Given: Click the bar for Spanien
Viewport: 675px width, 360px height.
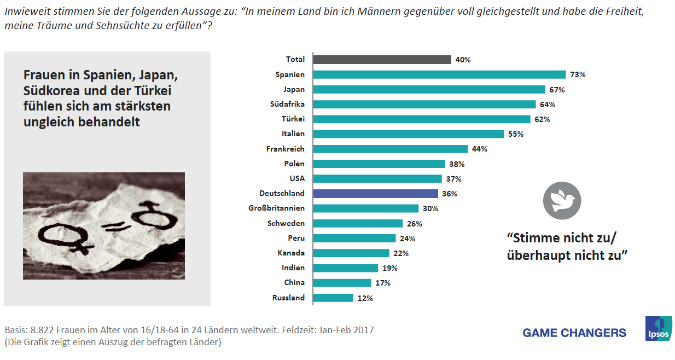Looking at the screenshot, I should [x=439, y=74].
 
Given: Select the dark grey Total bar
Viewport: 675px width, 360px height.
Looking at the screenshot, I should [x=382, y=60].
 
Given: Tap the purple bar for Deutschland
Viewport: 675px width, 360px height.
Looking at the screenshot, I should [x=375, y=194].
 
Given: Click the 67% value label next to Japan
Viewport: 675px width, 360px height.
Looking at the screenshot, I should [x=558, y=90].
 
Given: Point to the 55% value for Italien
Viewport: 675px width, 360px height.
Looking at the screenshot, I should [x=516, y=134].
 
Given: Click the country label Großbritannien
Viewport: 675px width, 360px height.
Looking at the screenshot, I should [x=276, y=208].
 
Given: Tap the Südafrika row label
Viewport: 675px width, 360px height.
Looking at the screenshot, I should [x=287, y=104].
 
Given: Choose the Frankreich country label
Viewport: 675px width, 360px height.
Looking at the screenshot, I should [x=285, y=149].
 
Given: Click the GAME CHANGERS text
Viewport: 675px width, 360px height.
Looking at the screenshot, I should [x=574, y=333].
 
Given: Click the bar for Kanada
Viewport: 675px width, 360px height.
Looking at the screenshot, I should [x=351, y=253].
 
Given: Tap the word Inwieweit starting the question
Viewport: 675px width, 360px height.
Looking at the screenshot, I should [x=24, y=11].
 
